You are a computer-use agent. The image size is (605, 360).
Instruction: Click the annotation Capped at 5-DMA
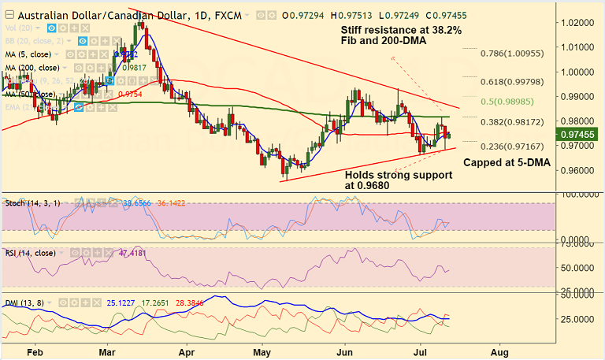(504, 162)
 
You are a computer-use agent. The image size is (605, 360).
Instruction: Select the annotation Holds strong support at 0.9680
(398, 180)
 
